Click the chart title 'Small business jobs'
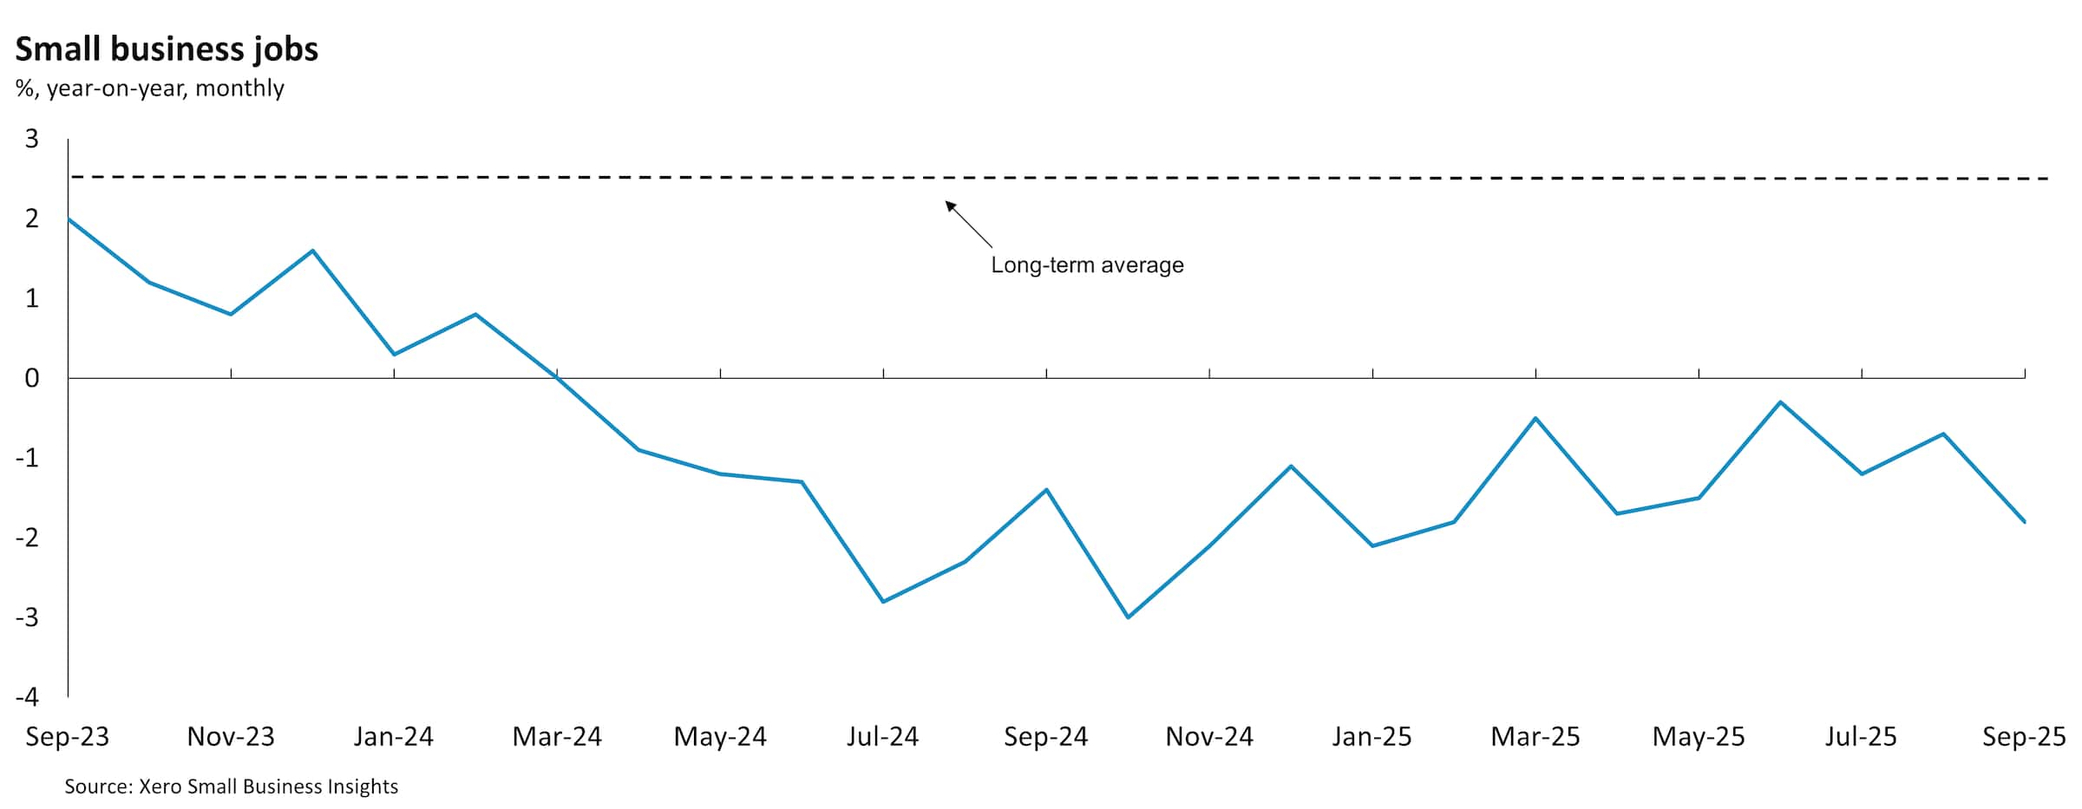pos(167,49)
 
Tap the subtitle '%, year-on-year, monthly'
pos(149,88)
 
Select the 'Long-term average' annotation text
pos(1087,265)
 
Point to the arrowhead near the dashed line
pos(950,206)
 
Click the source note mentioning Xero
pos(231,786)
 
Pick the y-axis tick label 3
pos(32,139)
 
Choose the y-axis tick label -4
pos(28,697)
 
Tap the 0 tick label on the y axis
pos(32,378)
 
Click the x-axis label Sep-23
pos(68,737)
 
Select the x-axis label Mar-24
pos(557,737)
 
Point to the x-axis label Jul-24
pos(882,737)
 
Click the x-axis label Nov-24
pos(1209,737)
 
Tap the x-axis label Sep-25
pos(2024,737)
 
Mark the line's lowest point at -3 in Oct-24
pos(1128,617)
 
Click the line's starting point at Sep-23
pos(69,219)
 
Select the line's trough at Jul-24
pos(883,602)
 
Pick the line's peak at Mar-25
pos(1535,418)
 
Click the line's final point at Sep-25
pos(2025,522)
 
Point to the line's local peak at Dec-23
pos(312,251)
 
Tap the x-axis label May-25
pos(1699,737)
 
